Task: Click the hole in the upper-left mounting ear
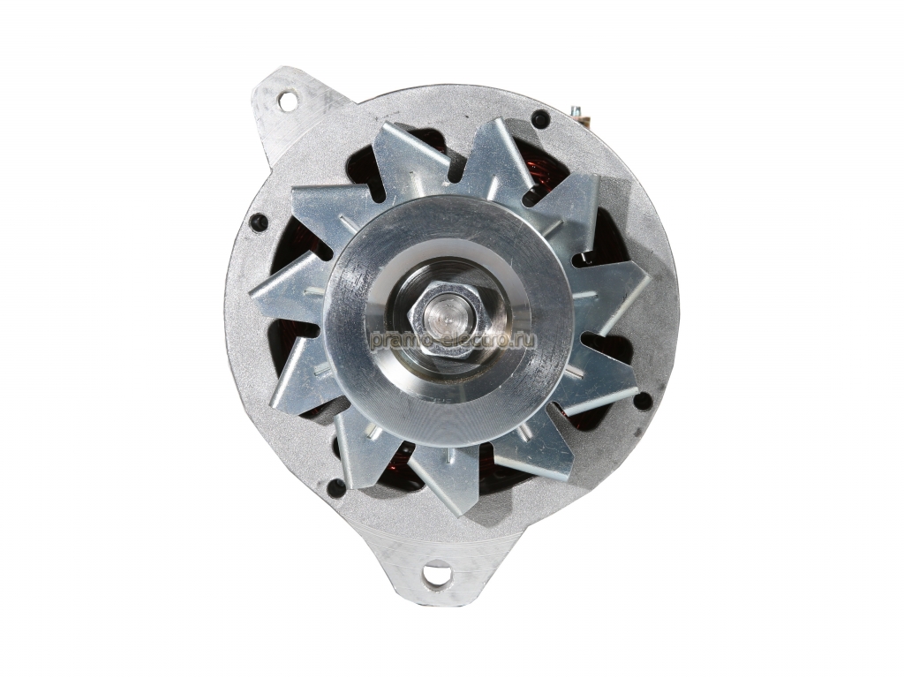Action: click(x=286, y=101)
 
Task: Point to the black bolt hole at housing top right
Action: click(x=540, y=119)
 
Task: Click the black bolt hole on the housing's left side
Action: click(x=259, y=222)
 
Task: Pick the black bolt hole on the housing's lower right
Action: click(x=643, y=400)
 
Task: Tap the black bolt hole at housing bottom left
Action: click(x=335, y=487)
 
